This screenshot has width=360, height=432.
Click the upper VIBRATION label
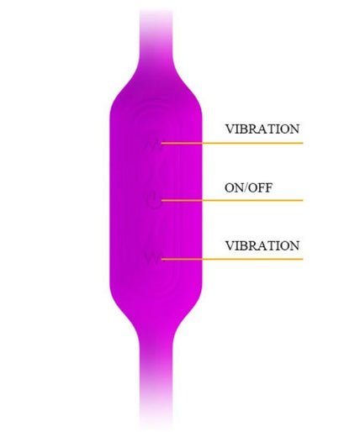pos(262,129)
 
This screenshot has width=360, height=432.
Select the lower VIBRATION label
pos(262,245)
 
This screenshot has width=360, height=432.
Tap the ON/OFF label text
pos(248,187)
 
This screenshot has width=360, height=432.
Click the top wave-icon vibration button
pos(153,145)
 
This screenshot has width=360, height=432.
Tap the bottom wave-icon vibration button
pos(153,258)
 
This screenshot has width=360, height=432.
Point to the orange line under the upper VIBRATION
pos(232,143)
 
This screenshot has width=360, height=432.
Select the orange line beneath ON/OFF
pos(232,200)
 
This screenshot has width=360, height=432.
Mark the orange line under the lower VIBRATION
pos(232,259)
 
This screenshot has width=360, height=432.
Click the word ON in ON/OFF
pos(235,187)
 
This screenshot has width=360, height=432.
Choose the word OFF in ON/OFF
pos(261,187)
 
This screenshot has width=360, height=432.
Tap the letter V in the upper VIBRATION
pos(230,129)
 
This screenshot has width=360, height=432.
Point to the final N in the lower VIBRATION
pos(294,245)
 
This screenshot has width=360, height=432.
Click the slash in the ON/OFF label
pos(246,187)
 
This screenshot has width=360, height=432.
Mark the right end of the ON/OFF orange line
pos(303,200)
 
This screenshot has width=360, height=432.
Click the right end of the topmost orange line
pos(303,143)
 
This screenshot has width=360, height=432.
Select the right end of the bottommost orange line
pos(303,259)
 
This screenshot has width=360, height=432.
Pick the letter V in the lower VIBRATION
pos(230,245)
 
